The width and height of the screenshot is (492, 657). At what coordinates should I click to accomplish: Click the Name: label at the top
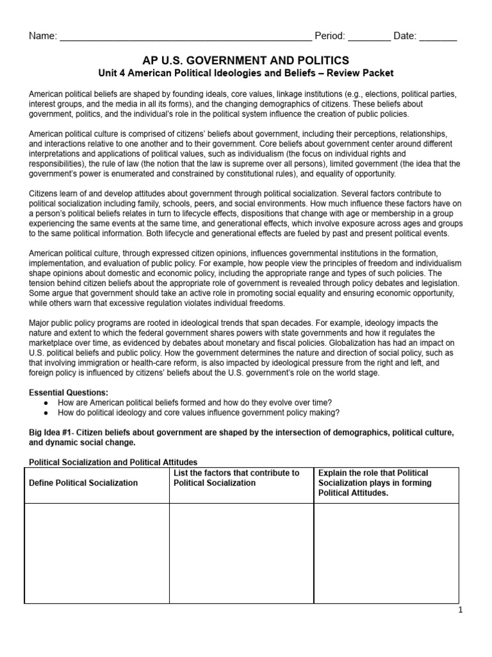point(42,36)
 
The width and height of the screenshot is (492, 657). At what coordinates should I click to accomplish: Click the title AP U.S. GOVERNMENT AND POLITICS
point(245,60)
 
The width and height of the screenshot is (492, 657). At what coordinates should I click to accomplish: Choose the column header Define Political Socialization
point(84,482)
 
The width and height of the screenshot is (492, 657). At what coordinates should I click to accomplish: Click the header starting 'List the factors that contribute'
point(237,478)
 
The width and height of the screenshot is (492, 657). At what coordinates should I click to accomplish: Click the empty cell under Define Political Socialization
point(96,553)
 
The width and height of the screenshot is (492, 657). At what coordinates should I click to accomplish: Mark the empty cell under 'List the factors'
point(241,553)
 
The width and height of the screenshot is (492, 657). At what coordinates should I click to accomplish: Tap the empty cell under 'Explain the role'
point(386,553)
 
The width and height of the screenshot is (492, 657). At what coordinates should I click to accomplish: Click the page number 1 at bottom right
point(460,610)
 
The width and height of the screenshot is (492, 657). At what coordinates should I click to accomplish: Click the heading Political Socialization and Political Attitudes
point(113,462)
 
